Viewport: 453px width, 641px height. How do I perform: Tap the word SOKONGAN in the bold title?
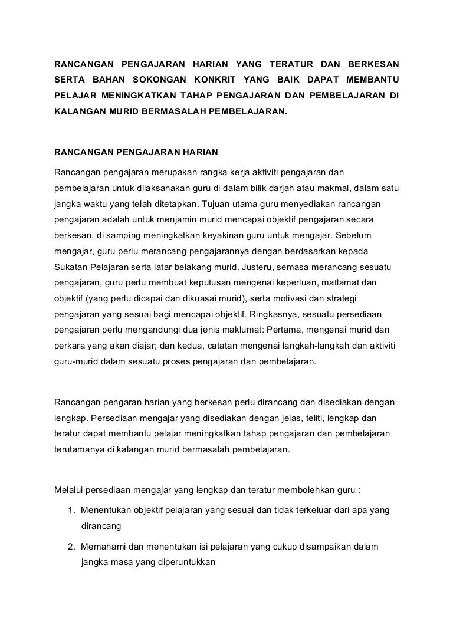157,79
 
